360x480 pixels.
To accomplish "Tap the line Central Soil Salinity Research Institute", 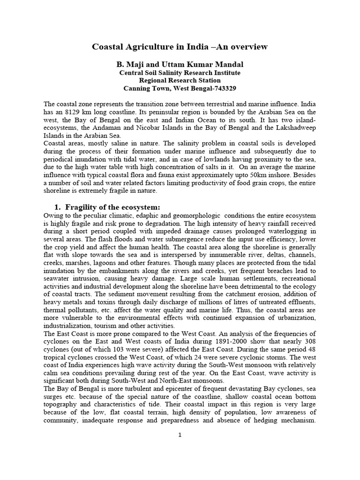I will pos(180,73).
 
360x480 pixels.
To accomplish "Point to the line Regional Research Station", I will pos(180,81).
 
